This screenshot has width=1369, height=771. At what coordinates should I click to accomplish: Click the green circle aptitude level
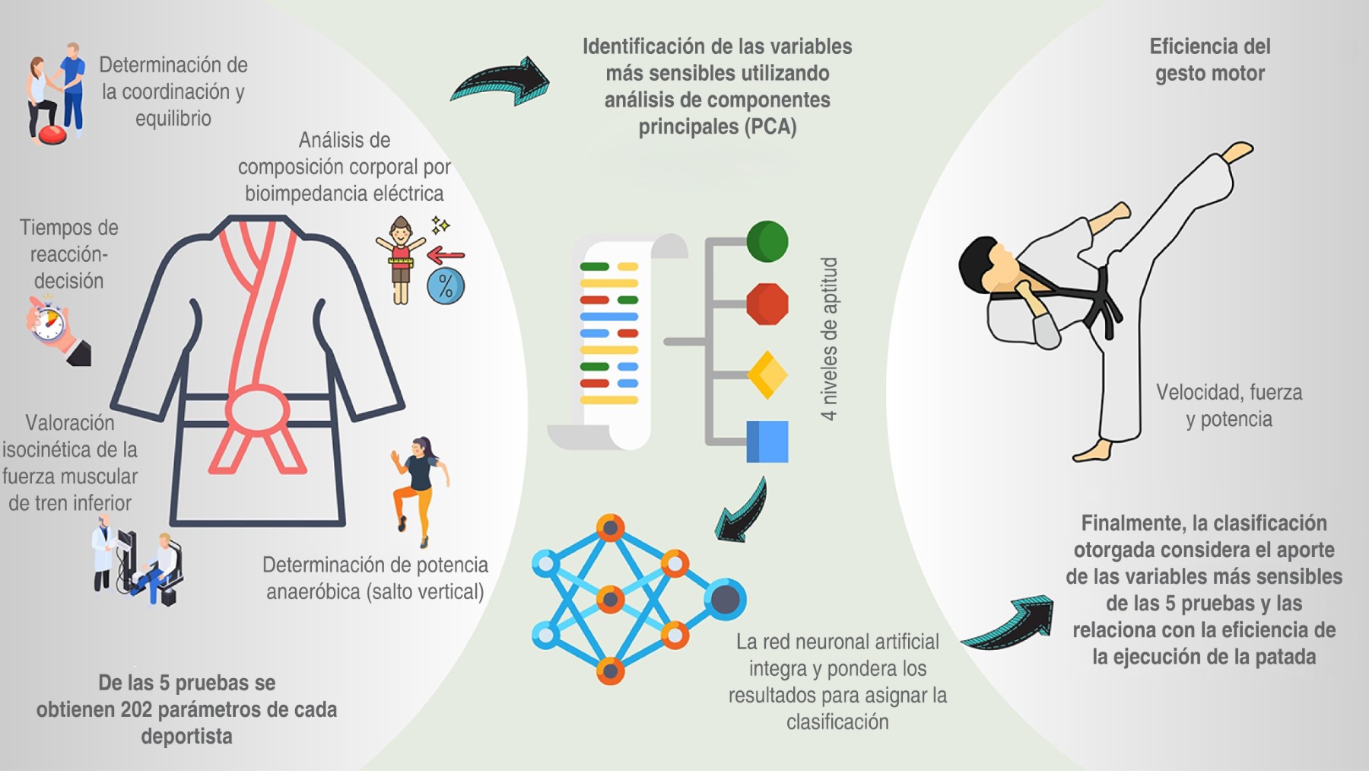pos(767,242)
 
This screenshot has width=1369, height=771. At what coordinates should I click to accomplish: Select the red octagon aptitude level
pos(767,304)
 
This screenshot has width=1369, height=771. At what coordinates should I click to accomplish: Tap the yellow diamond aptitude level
pos(767,374)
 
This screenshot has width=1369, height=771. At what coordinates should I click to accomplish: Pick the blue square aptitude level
pos(767,441)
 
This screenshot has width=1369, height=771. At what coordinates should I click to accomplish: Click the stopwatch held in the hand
pos(49,321)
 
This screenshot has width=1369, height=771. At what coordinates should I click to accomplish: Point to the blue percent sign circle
pos(446,287)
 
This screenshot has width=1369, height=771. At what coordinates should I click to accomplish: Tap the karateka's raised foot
pos(1238,151)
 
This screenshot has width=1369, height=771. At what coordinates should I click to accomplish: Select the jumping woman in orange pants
pos(418,487)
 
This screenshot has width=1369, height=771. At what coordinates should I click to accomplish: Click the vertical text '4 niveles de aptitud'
pos(829,339)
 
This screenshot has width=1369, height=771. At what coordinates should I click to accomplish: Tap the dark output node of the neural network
pos(725,599)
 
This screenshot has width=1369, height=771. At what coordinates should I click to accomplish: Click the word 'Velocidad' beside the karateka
pos(1190,393)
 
